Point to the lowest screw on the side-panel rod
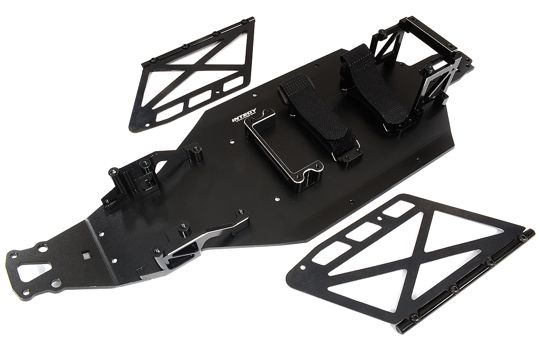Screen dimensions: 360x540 415,318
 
